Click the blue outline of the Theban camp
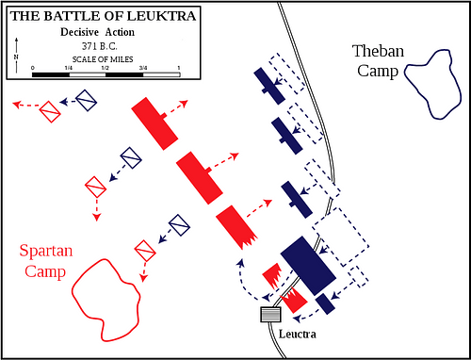(434, 84)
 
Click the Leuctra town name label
(298, 335)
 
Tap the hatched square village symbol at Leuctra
(270, 314)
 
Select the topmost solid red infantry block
(154, 122)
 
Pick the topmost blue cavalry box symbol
(87, 100)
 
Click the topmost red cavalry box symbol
(50, 112)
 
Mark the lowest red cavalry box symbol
(145, 252)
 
